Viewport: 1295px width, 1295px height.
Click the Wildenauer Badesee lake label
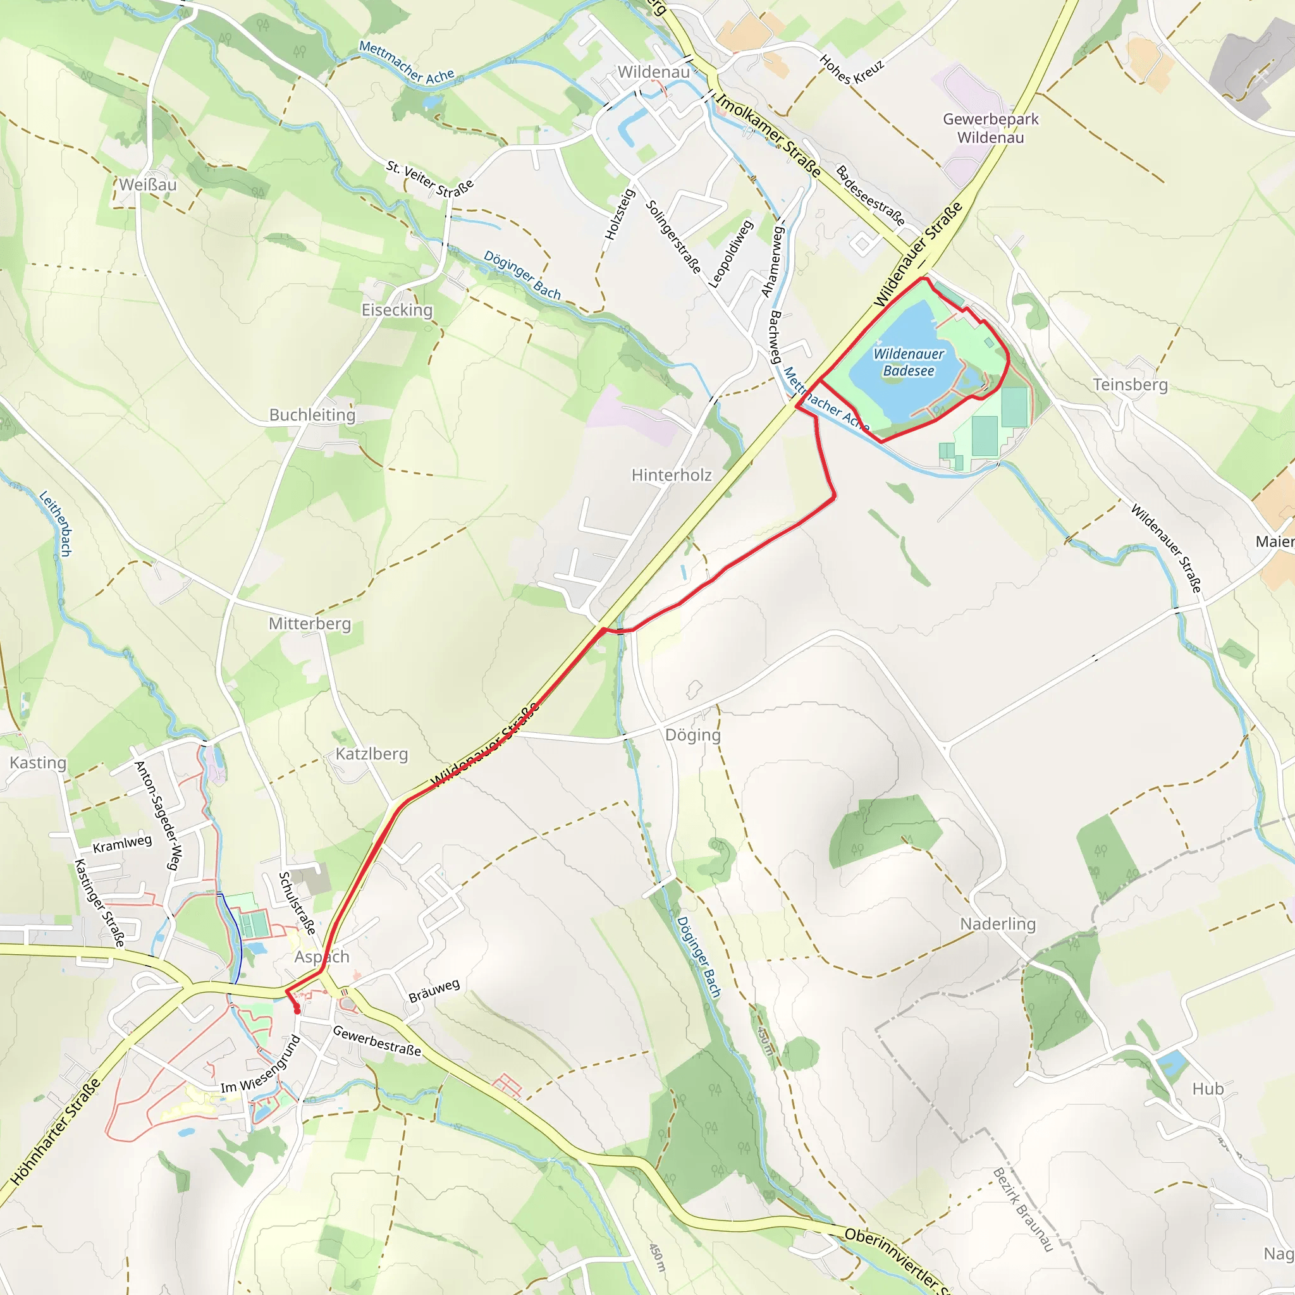tap(908, 362)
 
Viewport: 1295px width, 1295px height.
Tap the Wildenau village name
tap(654, 71)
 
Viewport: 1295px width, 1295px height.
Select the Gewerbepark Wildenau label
tap(990, 128)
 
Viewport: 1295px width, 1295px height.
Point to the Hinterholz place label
tap(671, 476)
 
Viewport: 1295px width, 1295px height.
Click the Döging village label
tap(692, 735)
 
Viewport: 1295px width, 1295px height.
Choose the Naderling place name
tap(997, 924)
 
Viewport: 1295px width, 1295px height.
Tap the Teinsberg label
tap(1130, 384)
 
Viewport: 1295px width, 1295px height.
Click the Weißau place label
tap(148, 185)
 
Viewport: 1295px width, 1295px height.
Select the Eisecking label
tap(397, 310)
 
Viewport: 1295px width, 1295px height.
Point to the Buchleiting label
tap(312, 415)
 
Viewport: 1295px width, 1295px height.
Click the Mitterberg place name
tap(310, 623)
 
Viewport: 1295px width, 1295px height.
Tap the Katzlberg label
tap(371, 754)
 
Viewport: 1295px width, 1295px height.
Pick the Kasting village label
tap(38, 763)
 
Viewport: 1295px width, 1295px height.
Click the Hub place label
tap(1208, 1089)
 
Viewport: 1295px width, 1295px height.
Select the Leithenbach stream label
tap(56, 524)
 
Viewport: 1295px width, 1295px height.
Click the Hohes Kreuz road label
tap(851, 68)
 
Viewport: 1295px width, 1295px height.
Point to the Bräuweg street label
tap(434, 991)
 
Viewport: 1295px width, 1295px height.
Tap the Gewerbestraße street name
tap(377, 1041)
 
